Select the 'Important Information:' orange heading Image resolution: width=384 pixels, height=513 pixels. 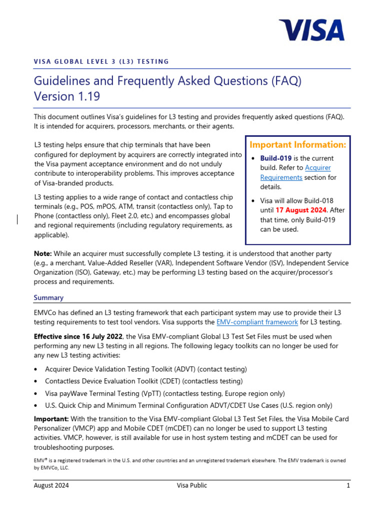tap(297, 145)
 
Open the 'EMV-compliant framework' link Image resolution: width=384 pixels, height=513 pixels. tap(257, 322)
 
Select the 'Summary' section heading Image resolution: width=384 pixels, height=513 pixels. tap(48, 298)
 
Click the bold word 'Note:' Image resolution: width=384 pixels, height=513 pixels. tap(42, 254)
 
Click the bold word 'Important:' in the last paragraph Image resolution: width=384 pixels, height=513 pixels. tap(51, 419)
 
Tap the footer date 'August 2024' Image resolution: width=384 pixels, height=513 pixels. tap(51, 485)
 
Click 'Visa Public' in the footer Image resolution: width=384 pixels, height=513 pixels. tap(191, 485)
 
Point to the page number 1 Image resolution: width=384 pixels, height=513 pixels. tap(348, 485)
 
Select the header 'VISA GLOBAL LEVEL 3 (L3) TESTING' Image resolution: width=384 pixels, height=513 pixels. tap(101, 62)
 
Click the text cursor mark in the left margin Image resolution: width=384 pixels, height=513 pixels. tap(18, 219)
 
